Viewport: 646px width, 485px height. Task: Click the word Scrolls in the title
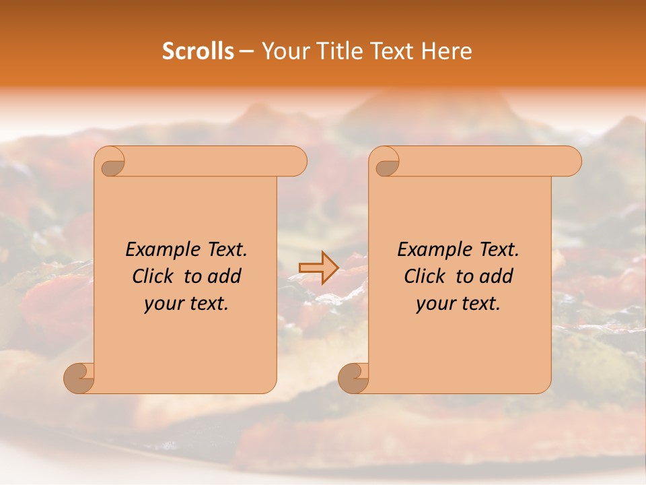click(199, 51)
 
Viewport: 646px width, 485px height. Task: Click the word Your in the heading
click(285, 51)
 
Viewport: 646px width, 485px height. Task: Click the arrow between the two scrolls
click(318, 268)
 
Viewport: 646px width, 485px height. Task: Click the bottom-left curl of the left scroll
click(79, 377)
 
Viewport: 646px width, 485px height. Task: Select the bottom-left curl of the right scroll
click(353, 377)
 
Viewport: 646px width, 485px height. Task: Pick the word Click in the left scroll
click(152, 276)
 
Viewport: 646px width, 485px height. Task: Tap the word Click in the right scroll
click(424, 276)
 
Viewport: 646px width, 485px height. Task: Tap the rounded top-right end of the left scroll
click(296, 162)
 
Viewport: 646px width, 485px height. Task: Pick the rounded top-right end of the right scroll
click(571, 162)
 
